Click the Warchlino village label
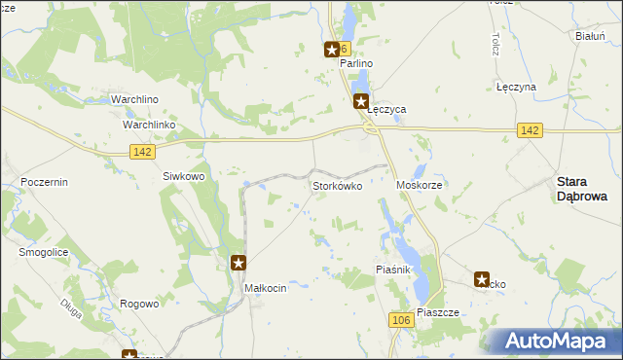pyautogui.click(x=134, y=100)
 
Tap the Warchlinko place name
pyautogui.click(x=148, y=126)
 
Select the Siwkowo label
pyautogui.click(x=183, y=176)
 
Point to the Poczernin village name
pyautogui.click(x=43, y=182)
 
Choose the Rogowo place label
pyautogui.click(x=139, y=304)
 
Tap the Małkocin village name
pyautogui.click(x=265, y=288)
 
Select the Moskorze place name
pyautogui.click(x=421, y=184)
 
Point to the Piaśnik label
pyautogui.click(x=396, y=269)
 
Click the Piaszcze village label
pyautogui.click(x=437, y=313)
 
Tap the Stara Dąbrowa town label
pyautogui.click(x=581, y=188)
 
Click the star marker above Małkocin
pyautogui.click(x=238, y=262)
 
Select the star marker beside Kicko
pyautogui.click(x=482, y=280)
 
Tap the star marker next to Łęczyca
pyautogui.click(x=361, y=100)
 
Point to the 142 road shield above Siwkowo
pyautogui.click(x=141, y=150)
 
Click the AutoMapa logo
pyautogui.click(x=558, y=342)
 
